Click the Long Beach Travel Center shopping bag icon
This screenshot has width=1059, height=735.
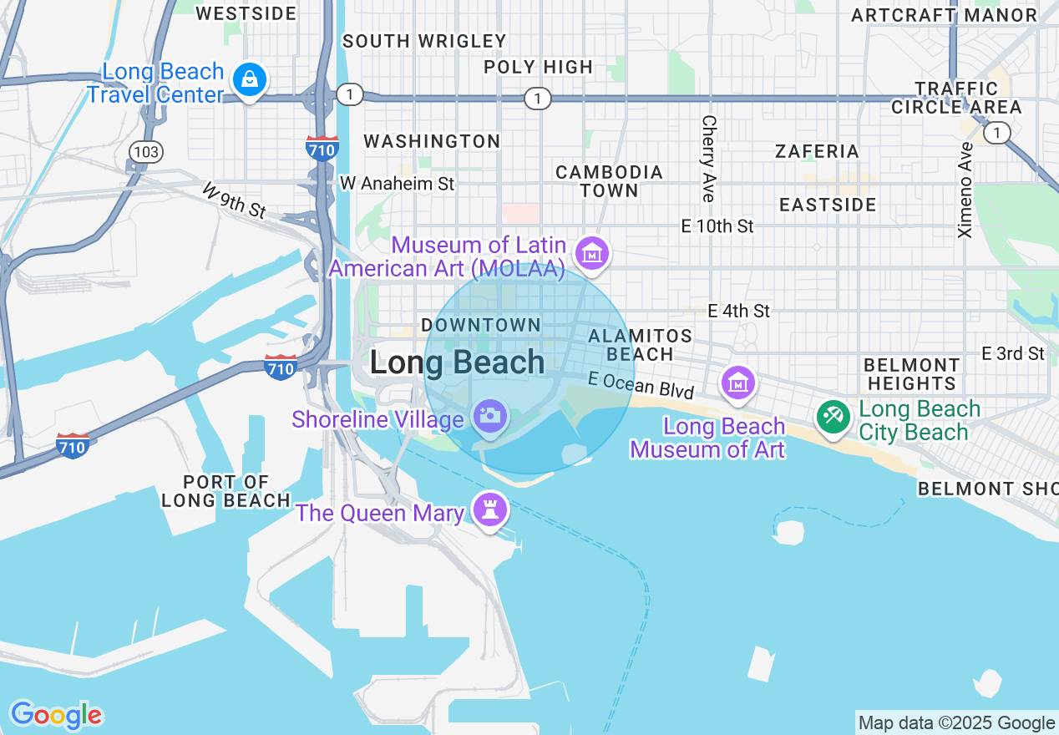pos(249,80)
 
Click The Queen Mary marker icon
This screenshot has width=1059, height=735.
pos(490,508)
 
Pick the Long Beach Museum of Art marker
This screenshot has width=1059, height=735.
pos(738,383)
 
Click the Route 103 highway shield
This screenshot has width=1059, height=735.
pos(146,151)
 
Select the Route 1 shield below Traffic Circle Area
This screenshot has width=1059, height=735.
pos(996,133)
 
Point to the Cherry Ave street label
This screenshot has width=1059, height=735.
pos(708,159)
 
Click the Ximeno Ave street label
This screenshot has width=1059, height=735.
pos(966,190)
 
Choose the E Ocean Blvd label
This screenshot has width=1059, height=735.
pos(641,385)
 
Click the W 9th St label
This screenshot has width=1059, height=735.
pos(234,201)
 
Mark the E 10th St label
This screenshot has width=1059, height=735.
pos(717,226)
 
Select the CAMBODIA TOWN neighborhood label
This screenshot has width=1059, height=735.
pos(609,181)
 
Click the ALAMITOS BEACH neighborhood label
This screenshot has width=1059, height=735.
pos(640,345)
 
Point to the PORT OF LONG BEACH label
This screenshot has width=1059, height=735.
pos(225,491)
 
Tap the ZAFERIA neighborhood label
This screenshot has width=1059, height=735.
pos(816,151)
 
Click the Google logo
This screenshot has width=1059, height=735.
pos(56,715)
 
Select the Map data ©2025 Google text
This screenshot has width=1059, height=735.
pos(956,723)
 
